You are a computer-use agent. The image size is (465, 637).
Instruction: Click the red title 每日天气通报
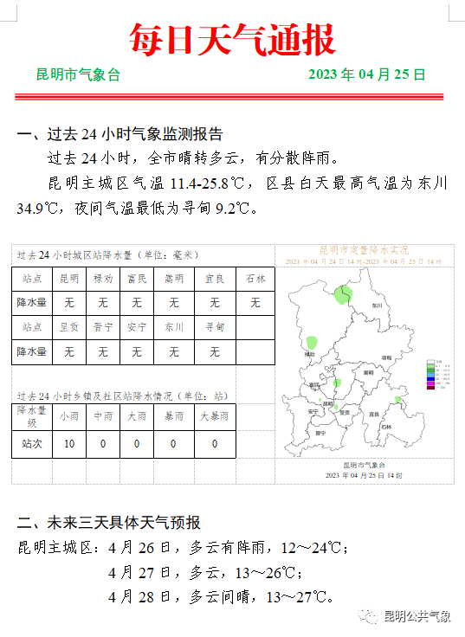tap(232, 39)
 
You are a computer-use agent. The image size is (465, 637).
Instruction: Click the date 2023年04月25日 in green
tap(367, 74)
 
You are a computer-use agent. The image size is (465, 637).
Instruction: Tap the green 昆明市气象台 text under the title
tap(78, 74)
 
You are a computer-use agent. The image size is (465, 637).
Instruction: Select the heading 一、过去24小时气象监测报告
tap(120, 134)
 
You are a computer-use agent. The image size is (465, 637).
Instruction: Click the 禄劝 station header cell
tap(103, 279)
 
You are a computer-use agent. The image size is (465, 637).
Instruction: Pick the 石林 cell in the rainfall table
tap(255, 279)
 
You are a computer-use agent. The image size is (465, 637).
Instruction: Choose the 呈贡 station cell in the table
tap(69, 327)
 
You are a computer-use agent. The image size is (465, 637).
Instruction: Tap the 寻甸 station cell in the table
tap(215, 327)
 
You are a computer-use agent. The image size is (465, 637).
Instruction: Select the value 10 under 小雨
tap(69, 444)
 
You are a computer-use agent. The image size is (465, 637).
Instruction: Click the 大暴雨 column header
tap(215, 416)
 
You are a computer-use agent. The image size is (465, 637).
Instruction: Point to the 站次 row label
tap(32, 444)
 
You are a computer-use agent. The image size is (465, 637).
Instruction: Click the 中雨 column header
tap(103, 416)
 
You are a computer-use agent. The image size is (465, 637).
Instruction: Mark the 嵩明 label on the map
tap(368, 371)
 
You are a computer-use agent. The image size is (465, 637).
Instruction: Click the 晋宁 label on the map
tap(320, 431)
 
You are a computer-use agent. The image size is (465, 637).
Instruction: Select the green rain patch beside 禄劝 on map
tap(313, 343)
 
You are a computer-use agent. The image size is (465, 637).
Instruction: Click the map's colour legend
tap(437, 374)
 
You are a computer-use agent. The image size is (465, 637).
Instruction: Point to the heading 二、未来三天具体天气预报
tap(109, 523)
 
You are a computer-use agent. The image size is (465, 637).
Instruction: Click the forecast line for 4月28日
tap(221, 597)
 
